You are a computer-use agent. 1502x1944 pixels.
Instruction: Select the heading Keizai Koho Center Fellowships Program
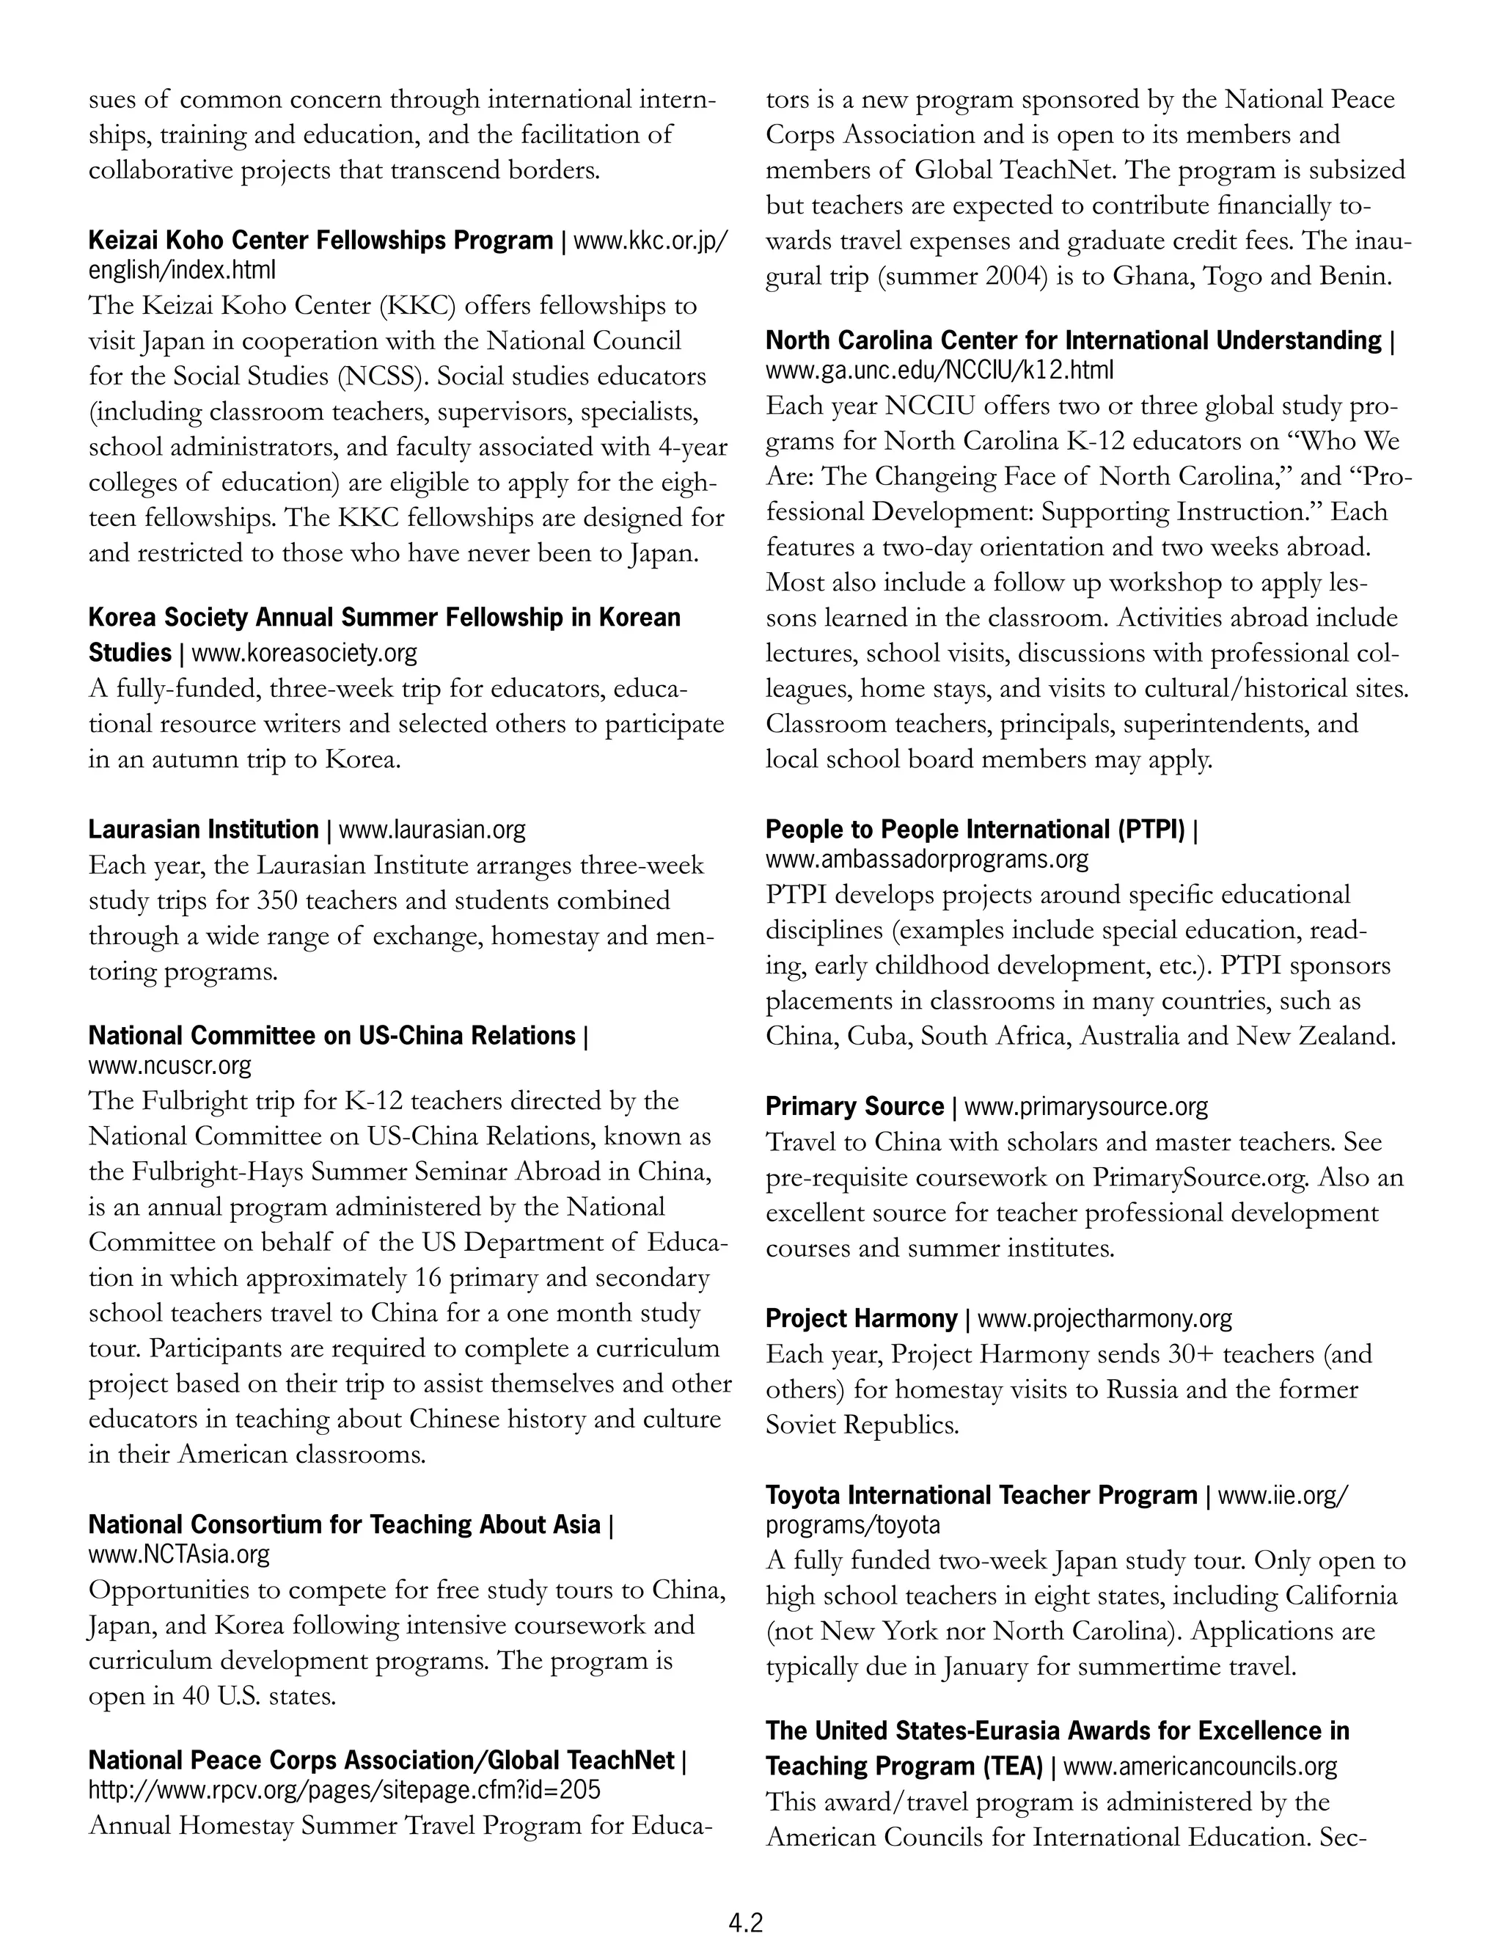(x=320, y=241)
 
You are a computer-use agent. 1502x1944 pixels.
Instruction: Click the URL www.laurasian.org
(x=433, y=830)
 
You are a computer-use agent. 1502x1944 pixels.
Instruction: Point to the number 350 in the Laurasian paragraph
(x=276, y=900)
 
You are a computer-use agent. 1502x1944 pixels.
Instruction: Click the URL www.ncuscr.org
(x=169, y=1064)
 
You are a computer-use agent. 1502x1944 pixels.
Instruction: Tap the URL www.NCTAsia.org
(x=178, y=1554)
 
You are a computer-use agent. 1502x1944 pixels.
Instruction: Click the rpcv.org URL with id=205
(x=343, y=1789)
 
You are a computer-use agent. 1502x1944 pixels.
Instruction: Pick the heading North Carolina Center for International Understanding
(x=1073, y=340)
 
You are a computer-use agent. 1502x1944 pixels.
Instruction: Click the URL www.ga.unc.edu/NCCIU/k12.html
(x=939, y=370)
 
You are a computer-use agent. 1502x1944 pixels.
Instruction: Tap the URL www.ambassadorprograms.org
(x=926, y=859)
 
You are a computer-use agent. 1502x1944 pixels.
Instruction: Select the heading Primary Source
(x=854, y=1106)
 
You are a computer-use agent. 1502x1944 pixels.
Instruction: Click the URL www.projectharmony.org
(x=1104, y=1318)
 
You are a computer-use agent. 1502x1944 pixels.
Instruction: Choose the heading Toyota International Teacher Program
(x=981, y=1494)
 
